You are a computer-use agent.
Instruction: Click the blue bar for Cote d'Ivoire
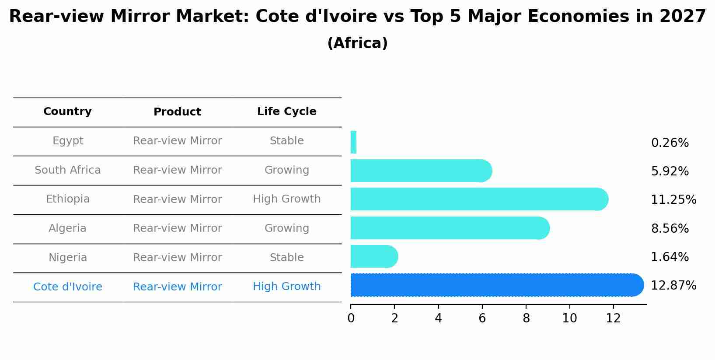496,285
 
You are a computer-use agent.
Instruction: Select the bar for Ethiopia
479,199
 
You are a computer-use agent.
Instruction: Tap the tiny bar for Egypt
353,142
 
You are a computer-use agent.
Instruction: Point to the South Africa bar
421,171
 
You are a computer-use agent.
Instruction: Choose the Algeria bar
450,228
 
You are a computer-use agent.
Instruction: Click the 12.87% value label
673,286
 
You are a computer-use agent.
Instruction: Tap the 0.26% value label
670,143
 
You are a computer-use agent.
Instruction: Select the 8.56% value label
670,228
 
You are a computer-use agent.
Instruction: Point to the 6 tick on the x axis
482,318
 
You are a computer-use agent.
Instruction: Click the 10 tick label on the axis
569,318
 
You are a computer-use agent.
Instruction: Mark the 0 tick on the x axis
351,318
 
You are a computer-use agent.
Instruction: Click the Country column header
68,112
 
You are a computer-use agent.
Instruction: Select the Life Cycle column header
286,112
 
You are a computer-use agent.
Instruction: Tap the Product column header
177,112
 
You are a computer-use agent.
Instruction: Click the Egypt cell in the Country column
68,141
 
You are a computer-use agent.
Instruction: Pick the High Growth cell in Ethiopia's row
286,199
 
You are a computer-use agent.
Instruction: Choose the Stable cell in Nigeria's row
286,258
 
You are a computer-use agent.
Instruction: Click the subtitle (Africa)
357,43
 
